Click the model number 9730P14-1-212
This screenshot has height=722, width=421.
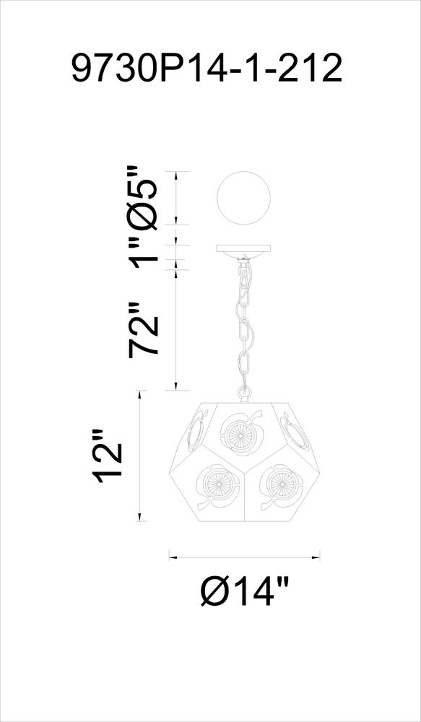(207, 68)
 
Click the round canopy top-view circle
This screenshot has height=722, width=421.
(243, 199)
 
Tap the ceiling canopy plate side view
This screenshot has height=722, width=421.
(243, 251)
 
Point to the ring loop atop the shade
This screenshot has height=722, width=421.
(244, 393)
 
